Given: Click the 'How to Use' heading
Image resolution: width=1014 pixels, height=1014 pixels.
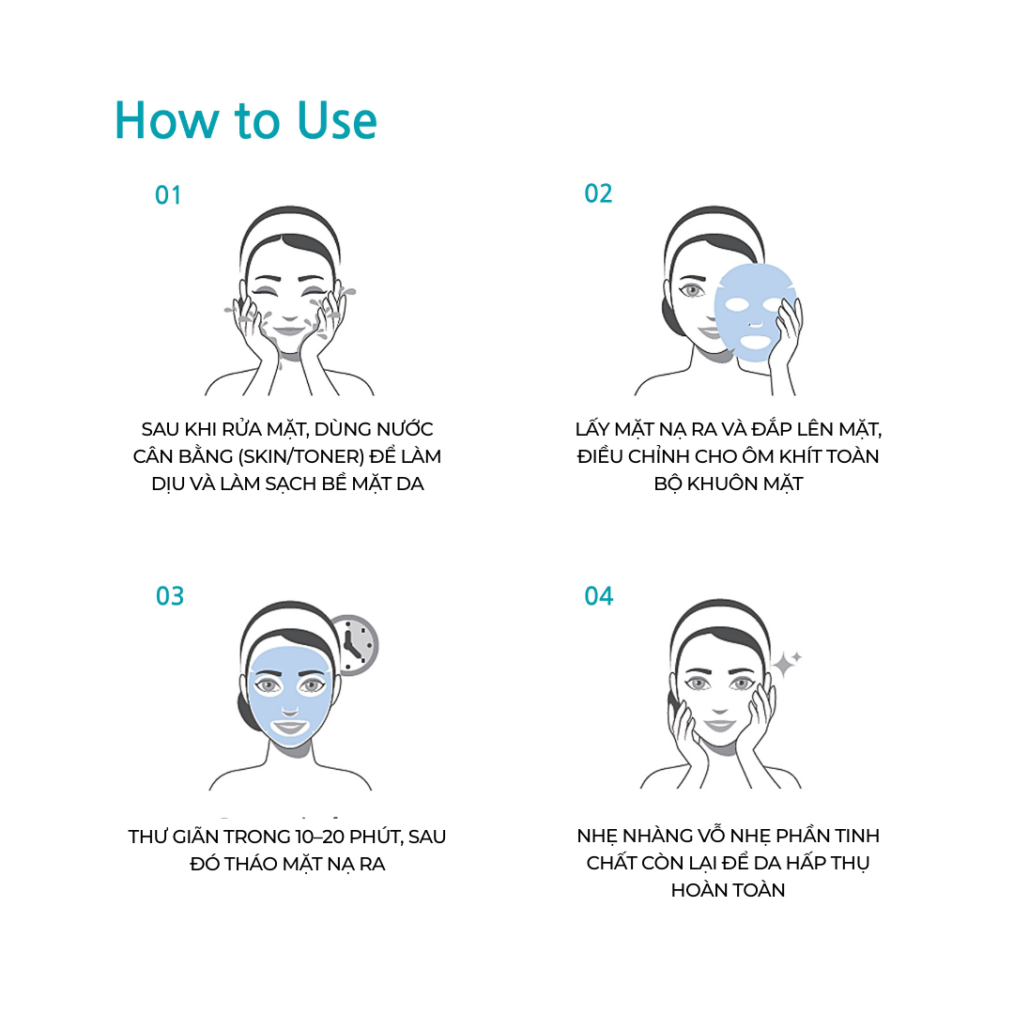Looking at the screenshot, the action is click(x=246, y=120).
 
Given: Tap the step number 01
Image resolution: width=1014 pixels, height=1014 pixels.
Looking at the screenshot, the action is click(x=168, y=195).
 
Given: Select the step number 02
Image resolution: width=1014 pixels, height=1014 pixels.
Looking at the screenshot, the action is click(x=598, y=193).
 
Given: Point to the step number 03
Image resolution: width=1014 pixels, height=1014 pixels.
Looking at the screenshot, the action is click(x=170, y=595).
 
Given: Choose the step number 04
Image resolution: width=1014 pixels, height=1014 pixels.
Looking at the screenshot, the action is click(x=599, y=595).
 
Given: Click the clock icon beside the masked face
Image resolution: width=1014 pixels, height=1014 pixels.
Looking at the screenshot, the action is click(x=355, y=645).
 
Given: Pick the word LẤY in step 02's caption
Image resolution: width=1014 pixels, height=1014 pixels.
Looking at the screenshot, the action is click(x=592, y=429).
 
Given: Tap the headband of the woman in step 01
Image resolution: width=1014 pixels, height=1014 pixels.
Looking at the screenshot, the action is click(x=290, y=226).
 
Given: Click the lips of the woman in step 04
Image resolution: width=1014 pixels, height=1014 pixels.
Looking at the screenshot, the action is click(x=720, y=724).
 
